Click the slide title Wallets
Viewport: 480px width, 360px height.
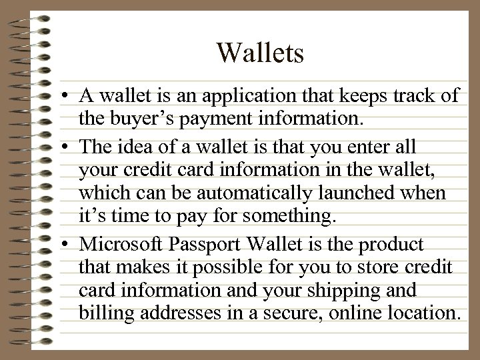(x=260, y=53)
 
